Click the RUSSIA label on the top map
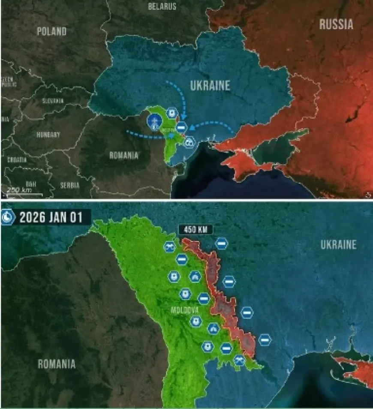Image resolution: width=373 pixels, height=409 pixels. pyautogui.click(x=336, y=24)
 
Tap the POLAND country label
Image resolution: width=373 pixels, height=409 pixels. pyautogui.click(x=51, y=31)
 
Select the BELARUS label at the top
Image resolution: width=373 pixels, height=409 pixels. pyautogui.click(x=162, y=6)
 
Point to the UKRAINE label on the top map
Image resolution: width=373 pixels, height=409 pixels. pyautogui.click(x=210, y=85)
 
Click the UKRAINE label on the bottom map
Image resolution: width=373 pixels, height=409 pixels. pyautogui.click(x=338, y=245)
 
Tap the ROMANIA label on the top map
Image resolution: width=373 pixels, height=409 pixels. pyautogui.click(x=123, y=155)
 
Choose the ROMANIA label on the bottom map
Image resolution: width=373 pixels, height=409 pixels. pyautogui.click(x=57, y=364)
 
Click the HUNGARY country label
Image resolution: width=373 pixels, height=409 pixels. pyautogui.click(x=48, y=135)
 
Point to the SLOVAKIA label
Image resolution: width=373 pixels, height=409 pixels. pyautogui.click(x=53, y=101)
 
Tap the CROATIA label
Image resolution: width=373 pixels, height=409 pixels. pyautogui.click(x=17, y=159)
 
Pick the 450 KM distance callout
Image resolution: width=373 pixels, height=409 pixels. pyautogui.click(x=196, y=229)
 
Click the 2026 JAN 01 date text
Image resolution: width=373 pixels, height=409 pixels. pyautogui.click(x=51, y=217)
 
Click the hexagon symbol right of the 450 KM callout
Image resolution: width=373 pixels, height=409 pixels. pyautogui.click(x=221, y=244)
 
